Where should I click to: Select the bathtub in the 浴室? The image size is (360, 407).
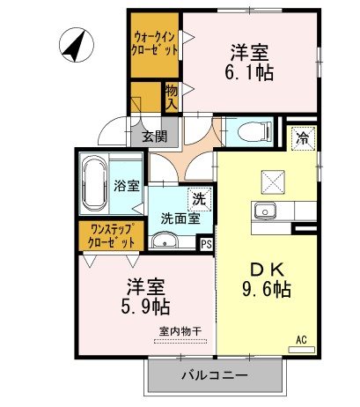(x=95, y=183)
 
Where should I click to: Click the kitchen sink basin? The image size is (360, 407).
(x=265, y=211)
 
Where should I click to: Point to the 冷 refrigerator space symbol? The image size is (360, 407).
(x=303, y=138)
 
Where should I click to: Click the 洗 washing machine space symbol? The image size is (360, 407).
(x=200, y=199)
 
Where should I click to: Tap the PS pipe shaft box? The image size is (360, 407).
(x=206, y=244)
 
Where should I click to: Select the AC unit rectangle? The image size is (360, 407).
(x=302, y=350)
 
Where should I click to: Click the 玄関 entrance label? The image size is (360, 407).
(x=155, y=137)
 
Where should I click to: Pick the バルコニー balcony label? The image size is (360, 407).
(x=215, y=375)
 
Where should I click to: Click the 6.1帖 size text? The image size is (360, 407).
(x=249, y=72)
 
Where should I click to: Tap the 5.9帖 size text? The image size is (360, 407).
(x=145, y=307)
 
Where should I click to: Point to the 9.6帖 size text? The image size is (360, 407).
(x=267, y=289)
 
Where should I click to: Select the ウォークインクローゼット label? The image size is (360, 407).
(x=154, y=44)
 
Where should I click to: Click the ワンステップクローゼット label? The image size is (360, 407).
(x=112, y=236)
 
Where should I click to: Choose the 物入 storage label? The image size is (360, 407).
(x=172, y=97)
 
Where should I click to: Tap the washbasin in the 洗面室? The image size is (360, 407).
(x=165, y=241)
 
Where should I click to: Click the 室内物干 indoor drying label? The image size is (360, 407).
(x=180, y=331)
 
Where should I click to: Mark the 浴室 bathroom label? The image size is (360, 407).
(x=127, y=186)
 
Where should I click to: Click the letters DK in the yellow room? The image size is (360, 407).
(x=267, y=270)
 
